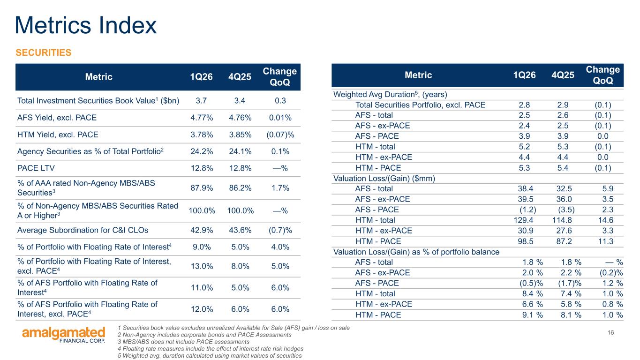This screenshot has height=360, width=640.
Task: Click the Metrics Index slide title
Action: click(x=86, y=25)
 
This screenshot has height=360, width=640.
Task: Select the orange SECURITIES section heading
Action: click(x=44, y=52)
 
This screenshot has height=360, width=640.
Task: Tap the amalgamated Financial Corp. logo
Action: click(x=64, y=335)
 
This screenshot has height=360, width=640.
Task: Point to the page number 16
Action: click(x=610, y=332)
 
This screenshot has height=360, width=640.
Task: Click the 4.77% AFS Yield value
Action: click(x=202, y=118)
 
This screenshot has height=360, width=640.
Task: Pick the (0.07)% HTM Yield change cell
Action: click(x=280, y=135)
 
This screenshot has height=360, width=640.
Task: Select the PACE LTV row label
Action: click(x=36, y=168)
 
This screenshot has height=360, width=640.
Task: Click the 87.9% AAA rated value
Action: click(x=202, y=188)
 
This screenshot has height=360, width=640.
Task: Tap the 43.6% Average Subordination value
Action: click(x=240, y=230)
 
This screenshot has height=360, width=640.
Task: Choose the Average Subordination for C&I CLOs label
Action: click(x=83, y=230)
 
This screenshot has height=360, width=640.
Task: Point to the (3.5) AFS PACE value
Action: click(x=566, y=210)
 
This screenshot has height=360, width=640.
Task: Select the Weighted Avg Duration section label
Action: click(x=390, y=94)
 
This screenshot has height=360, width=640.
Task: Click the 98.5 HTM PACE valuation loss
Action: click(x=526, y=241)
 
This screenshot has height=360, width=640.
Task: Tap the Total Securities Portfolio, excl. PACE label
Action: click(x=420, y=105)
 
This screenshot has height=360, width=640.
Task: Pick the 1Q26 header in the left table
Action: click(x=202, y=76)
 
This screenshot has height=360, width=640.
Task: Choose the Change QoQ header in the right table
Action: click(x=603, y=75)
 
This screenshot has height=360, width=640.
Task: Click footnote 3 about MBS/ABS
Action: click(x=183, y=342)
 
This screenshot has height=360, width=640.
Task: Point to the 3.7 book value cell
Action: click(x=201, y=101)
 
